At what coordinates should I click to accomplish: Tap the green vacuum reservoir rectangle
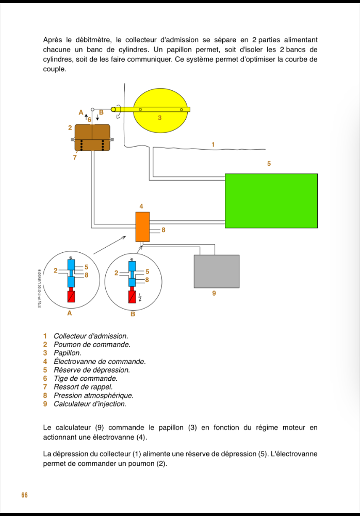click(x=271, y=200)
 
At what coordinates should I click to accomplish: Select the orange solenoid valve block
click(x=142, y=227)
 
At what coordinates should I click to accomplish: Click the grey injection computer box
click(x=216, y=271)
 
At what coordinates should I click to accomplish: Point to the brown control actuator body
click(x=92, y=138)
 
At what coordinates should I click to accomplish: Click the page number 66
click(x=24, y=495)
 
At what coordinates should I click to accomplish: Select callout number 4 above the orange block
click(x=142, y=206)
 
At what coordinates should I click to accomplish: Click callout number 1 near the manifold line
click(x=213, y=144)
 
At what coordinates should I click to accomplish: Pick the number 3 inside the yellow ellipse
click(x=160, y=118)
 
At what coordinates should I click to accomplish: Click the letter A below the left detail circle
click(x=70, y=313)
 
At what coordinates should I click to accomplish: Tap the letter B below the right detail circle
click(x=133, y=314)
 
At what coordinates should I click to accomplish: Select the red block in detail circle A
click(x=71, y=297)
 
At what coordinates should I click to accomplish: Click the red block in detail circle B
click(x=133, y=297)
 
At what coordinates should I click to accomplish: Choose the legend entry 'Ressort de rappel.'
click(x=83, y=386)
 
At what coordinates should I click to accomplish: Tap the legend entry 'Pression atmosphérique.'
click(x=93, y=395)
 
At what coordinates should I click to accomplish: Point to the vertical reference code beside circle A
click(x=39, y=289)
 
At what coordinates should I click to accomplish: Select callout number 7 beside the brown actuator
click(x=75, y=157)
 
